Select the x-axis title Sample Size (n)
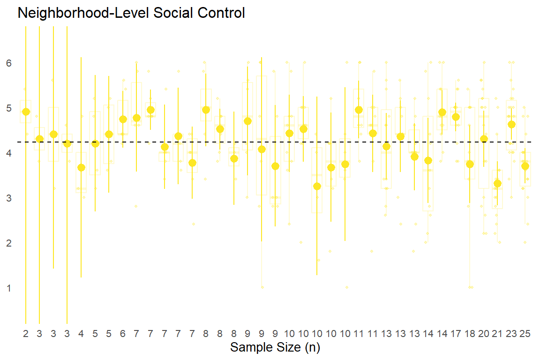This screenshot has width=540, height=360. coord(275,348)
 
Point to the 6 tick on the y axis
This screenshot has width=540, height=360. coord(9,63)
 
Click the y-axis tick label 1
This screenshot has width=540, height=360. coord(9,288)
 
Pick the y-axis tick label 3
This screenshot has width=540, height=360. coord(9,198)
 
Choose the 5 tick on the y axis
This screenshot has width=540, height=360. coord(9,108)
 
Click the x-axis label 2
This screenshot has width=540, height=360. coord(26,334)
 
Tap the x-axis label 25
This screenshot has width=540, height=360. coord(525,334)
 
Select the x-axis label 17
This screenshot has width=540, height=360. coord(456,334)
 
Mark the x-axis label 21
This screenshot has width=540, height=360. coord(497,334)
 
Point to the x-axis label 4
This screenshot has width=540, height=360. coord(81,334)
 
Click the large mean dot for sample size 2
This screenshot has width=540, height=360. coord(26,112)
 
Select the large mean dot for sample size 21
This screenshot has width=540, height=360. coord(497,183)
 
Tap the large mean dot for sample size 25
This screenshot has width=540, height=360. coord(525,166)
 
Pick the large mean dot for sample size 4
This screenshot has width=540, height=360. coord(81,167)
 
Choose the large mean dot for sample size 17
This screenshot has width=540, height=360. coord(456,117)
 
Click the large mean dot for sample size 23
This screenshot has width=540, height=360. coord(511,124)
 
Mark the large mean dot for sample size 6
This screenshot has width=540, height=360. coord(123,119)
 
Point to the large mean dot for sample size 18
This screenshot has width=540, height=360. coord(470,164)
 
